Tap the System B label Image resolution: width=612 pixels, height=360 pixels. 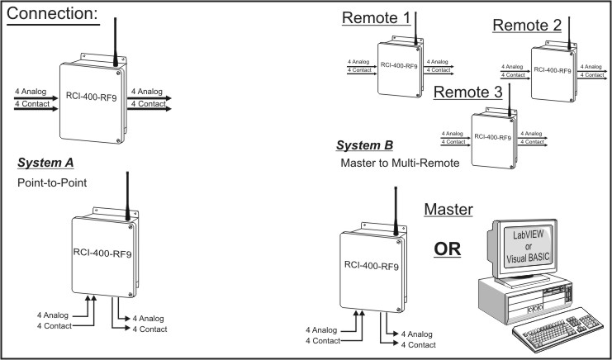click(364, 146)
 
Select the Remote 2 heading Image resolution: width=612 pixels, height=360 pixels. click(527, 25)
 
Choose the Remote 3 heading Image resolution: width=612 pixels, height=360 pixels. click(467, 93)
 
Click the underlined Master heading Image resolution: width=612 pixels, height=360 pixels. click(448, 210)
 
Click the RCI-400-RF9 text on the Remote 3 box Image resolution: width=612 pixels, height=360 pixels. click(492, 137)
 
